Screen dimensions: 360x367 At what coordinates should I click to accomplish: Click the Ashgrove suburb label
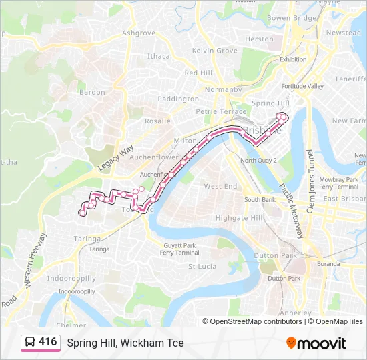[139, 33]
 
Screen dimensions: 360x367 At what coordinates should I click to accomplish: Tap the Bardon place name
[92, 92]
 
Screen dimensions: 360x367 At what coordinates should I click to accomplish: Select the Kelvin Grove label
[214, 51]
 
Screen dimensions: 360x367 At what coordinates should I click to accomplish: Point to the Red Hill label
[198, 73]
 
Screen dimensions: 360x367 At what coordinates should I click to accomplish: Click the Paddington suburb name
[178, 99]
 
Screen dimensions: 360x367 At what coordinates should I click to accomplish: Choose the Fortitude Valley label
[302, 86]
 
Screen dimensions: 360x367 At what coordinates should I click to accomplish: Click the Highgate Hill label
[240, 218]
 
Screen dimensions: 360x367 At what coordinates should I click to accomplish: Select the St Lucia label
[201, 266]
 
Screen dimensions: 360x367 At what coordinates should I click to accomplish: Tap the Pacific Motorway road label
[292, 211]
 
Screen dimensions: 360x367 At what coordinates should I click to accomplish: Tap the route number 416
[47, 342]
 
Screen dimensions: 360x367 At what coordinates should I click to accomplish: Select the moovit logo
[316, 343]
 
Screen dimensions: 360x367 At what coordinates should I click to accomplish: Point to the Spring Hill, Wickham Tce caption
[125, 343]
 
